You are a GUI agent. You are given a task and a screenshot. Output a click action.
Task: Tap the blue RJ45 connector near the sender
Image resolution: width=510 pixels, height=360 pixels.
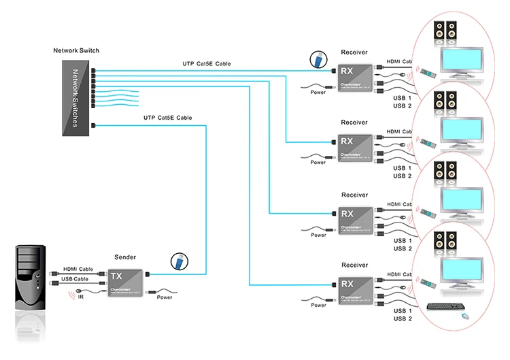click(178, 261)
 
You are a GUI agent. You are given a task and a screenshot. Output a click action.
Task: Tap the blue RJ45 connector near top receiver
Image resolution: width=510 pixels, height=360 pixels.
click(316, 59)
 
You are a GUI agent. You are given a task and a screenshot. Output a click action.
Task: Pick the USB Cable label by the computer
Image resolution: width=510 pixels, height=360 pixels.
click(75, 279)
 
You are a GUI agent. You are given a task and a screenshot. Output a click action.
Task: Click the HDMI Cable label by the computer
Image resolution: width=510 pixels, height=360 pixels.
click(77, 269)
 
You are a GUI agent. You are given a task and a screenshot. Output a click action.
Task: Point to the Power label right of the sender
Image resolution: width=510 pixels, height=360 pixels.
click(165, 297)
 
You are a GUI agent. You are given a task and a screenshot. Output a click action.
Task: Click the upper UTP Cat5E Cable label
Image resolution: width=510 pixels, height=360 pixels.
click(206, 64)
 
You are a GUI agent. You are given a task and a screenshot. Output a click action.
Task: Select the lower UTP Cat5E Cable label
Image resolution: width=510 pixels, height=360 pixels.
click(167, 118)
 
